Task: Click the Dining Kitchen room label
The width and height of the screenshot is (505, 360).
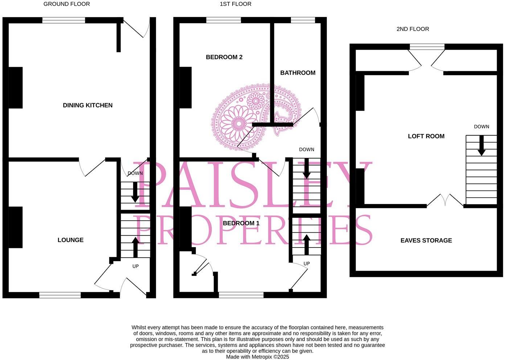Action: (x=87, y=105)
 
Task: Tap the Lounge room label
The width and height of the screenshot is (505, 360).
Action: (x=70, y=240)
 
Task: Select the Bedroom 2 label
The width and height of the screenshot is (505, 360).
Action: (x=224, y=57)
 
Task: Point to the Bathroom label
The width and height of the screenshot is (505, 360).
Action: (x=297, y=73)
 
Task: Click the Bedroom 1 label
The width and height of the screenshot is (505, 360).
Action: (x=241, y=223)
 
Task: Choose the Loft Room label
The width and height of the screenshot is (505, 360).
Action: (x=426, y=136)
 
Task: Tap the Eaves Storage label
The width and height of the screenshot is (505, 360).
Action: (x=426, y=240)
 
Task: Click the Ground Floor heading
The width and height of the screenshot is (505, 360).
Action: (x=66, y=4)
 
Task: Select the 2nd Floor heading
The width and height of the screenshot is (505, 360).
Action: (x=412, y=29)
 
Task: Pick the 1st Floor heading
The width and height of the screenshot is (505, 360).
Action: (x=235, y=4)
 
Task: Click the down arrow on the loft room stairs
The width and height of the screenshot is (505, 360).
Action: (x=481, y=146)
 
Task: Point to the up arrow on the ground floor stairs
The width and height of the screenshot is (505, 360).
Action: (x=135, y=247)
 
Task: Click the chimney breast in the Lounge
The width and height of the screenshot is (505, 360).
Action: (x=15, y=227)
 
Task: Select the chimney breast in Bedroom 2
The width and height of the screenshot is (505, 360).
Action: (x=185, y=87)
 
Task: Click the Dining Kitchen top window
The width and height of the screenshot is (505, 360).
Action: (x=63, y=20)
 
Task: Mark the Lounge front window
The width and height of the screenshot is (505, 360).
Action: (x=60, y=295)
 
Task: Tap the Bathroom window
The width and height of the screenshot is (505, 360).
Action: (x=303, y=20)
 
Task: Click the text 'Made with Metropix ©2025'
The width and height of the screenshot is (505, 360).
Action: (x=257, y=357)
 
